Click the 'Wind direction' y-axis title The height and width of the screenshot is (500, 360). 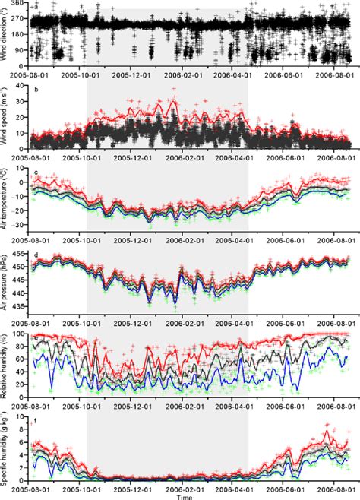(x=7, y=36)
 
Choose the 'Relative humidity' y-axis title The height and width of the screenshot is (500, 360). (x=7, y=362)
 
